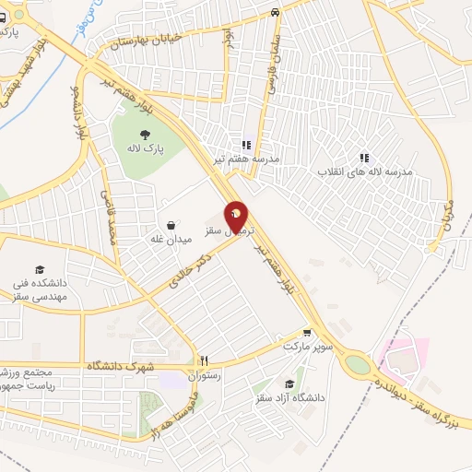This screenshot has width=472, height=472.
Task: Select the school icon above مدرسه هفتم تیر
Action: (246, 145)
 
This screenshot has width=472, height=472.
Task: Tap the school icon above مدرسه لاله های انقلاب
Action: (364, 158)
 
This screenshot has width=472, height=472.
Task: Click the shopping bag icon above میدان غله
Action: (171, 224)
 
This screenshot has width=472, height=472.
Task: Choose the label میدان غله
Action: (171, 239)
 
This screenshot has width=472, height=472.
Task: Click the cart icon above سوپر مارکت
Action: (307, 334)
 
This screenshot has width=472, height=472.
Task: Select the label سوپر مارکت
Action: (307, 348)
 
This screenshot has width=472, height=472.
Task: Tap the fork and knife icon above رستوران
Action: (205, 360)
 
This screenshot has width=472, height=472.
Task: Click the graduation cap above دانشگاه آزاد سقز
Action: (289, 383)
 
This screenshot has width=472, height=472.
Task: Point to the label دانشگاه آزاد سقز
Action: (289, 398)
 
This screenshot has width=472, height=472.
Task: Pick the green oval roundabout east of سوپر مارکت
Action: (354, 365)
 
